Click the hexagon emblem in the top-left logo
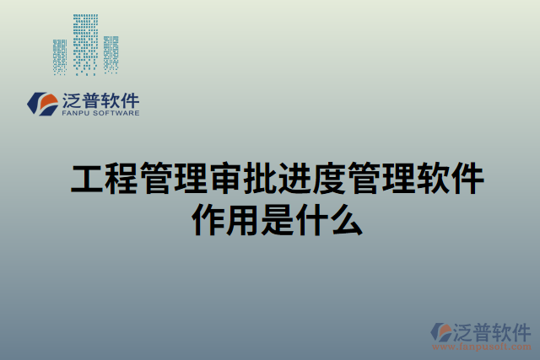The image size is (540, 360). (x=43, y=104)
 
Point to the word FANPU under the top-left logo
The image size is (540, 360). (x=77, y=112)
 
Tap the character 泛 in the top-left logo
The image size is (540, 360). (x=73, y=100)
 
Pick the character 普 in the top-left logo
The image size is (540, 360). (x=92, y=100)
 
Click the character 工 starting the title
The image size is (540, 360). (x=86, y=180)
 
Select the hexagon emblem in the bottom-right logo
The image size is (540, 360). (x=441, y=332)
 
